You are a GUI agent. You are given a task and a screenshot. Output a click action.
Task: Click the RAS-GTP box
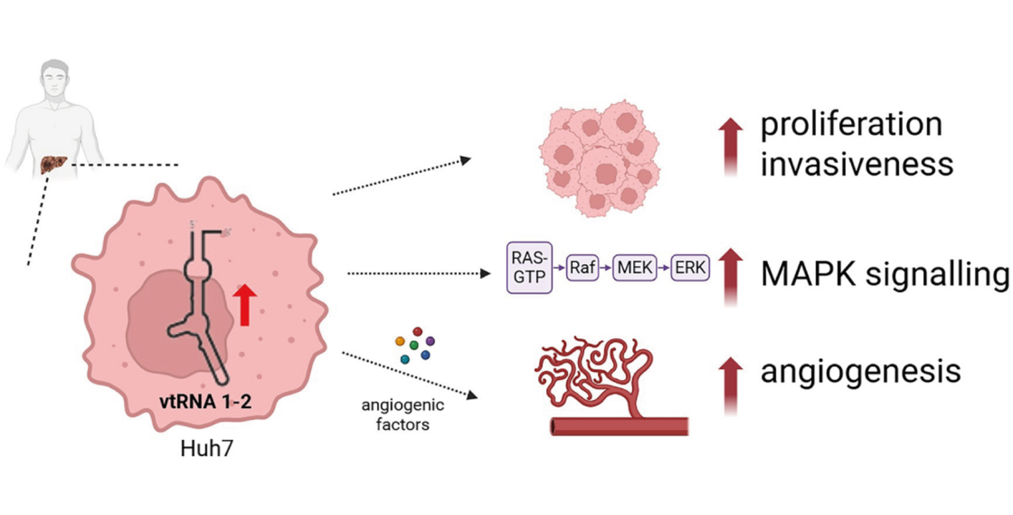(529, 267)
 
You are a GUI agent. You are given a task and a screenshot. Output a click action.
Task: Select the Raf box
(582, 267)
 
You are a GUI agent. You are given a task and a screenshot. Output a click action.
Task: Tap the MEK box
(634, 267)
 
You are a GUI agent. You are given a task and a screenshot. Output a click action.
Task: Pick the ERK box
(690, 267)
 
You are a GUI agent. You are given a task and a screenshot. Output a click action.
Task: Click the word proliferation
(851, 125)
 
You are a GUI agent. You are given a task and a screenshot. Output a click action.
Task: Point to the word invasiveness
(857, 164)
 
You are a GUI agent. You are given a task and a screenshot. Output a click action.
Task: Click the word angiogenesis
(860, 371)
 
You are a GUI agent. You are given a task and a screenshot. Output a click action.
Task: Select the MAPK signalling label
(885, 274)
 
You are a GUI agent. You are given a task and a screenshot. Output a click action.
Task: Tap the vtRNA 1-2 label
(205, 402)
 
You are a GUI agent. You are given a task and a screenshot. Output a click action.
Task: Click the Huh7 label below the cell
(206, 449)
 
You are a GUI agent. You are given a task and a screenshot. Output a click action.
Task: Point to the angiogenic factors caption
(403, 415)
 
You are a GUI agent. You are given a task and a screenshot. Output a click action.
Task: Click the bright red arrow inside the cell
(245, 305)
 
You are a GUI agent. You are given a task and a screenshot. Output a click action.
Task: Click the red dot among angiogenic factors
(417, 332)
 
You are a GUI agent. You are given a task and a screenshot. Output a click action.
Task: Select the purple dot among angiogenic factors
(430, 341)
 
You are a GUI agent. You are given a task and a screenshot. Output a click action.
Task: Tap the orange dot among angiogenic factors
(400, 341)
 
